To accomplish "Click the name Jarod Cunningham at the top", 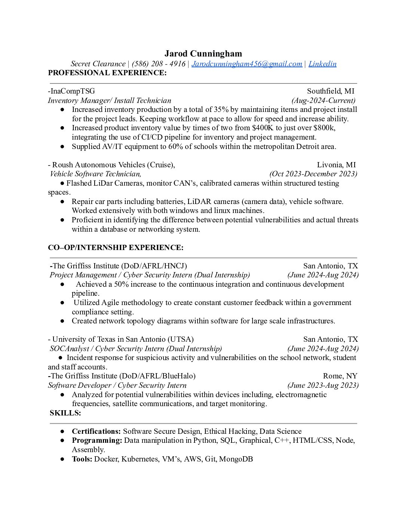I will click(203, 54).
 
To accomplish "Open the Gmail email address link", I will click(247, 64).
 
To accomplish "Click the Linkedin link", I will click(322, 64).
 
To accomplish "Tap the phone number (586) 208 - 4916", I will click(158, 64).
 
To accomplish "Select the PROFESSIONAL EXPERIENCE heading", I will click(107, 73).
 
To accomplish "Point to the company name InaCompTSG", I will click(72, 91).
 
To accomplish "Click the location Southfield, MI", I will click(330, 91).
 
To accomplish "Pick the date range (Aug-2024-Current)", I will click(323, 100).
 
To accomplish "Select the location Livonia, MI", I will click(336, 165).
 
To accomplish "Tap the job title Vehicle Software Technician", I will click(95, 174).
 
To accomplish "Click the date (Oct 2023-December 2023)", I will click(313, 174).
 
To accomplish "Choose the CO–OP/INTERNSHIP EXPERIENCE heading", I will click(116, 247).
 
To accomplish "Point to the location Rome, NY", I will click(340, 376).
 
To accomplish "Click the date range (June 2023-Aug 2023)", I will click(323, 385).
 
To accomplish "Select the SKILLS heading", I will click(65, 413).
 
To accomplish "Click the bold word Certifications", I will click(96, 431).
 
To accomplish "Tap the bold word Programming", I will click(97, 440).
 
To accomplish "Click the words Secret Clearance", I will click(98, 64).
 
